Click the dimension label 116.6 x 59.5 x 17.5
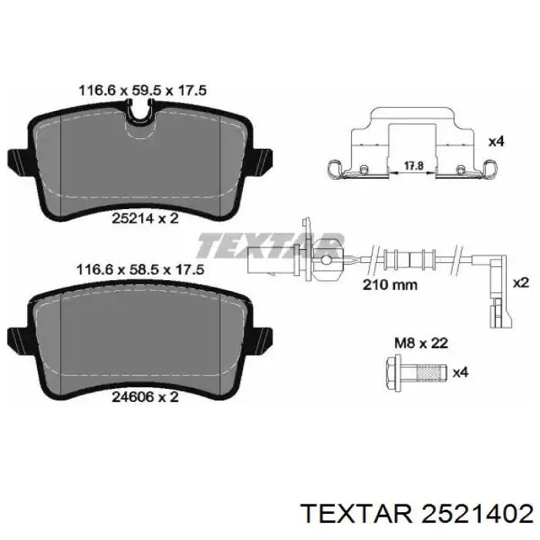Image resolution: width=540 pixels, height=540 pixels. [143, 90]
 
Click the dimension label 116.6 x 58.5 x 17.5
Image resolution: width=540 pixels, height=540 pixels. [140, 270]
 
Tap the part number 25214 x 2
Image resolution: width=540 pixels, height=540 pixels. [145, 218]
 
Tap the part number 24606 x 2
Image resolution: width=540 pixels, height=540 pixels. [145, 397]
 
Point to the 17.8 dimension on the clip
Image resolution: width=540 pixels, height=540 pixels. [413, 166]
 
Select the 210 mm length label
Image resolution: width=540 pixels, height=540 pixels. [390, 285]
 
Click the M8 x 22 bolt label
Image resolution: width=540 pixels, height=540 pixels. [421, 343]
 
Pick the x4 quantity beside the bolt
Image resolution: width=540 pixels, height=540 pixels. [461, 373]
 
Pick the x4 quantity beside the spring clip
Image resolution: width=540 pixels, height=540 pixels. [496, 141]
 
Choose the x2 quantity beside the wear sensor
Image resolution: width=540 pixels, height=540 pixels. [521, 283]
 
